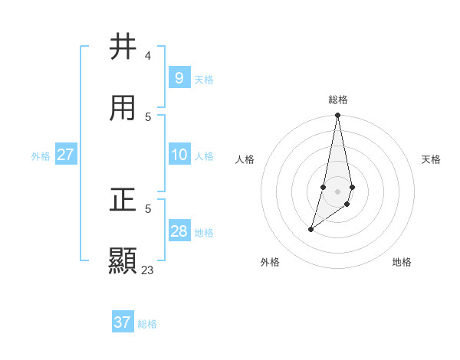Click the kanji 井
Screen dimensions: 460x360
[123, 47]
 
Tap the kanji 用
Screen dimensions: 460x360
[123, 108]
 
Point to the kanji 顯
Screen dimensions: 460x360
[123, 260]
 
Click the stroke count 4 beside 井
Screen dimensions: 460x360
[147, 56]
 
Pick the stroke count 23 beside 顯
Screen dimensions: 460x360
[147, 270]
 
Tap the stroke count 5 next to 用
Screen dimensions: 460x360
[147, 116]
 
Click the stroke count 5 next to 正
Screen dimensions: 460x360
[147, 208]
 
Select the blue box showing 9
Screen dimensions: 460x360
[179, 77]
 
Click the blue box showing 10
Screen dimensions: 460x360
[179, 155]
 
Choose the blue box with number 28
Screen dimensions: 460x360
[179, 231]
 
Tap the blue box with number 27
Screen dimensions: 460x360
[65, 155]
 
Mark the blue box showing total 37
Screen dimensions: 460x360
[123, 322]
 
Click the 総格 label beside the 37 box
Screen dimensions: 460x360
[147, 324]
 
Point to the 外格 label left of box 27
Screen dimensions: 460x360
[41, 156]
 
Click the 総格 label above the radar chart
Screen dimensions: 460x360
[338, 100]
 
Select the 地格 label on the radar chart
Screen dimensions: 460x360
[402, 263]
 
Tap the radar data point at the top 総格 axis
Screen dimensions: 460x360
[338, 116]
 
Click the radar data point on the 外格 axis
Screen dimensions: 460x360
[310, 229]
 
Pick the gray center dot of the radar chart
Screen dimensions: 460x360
[338, 191]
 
